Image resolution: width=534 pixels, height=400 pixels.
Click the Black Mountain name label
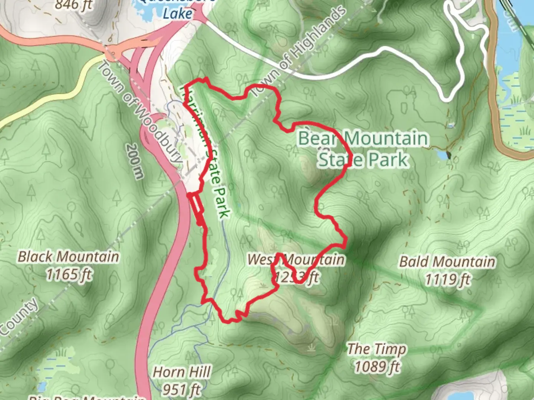(x=69, y=257)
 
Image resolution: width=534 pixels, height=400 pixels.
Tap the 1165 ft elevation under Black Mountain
(x=69, y=275)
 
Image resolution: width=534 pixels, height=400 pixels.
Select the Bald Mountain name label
(x=447, y=262)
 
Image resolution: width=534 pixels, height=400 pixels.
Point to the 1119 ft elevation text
(x=447, y=280)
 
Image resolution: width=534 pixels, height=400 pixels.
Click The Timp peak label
(x=376, y=349)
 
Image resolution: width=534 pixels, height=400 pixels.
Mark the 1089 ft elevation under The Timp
(x=377, y=367)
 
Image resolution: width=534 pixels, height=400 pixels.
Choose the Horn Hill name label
(x=182, y=372)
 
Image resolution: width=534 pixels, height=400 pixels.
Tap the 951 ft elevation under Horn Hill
(x=182, y=389)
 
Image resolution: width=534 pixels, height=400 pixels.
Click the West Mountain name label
(x=296, y=260)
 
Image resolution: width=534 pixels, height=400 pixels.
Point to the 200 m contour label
(x=134, y=161)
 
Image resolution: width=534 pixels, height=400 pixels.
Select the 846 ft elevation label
(x=73, y=5)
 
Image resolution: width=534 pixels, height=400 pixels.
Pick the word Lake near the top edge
(x=178, y=14)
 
